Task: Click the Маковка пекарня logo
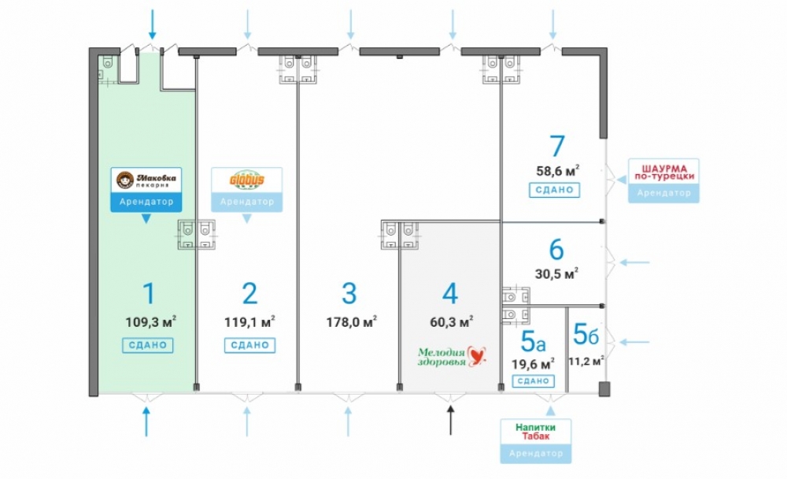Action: click(x=146, y=180)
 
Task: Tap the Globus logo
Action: click(x=246, y=180)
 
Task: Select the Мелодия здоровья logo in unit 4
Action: click(x=452, y=356)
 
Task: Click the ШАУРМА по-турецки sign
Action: click(x=663, y=173)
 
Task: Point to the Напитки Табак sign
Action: click(x=535, y=432)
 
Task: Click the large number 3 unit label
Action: click(x=349, y=293)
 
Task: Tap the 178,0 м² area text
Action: click(x=351, y=321)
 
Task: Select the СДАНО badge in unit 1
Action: click(x=148, y=345)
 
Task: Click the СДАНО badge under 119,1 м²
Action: click(x=249, y=345)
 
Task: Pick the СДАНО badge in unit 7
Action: click(x=554, y=190)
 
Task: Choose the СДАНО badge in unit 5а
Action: click(x=533, y=381)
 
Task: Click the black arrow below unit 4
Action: click(x=450, y=420)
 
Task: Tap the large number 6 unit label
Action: click(x=556, y=249)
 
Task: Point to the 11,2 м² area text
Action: click(x=586, y=361)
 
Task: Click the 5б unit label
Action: click(x=586, y=334)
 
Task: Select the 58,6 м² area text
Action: click(x=558, y=171)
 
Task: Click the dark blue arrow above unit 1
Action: click(x=152, y=24)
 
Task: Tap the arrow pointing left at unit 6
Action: click(x=634, y=262)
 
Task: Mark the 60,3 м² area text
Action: click(x=452, y=321)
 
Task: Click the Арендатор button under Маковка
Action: click(x=146, y=202)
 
